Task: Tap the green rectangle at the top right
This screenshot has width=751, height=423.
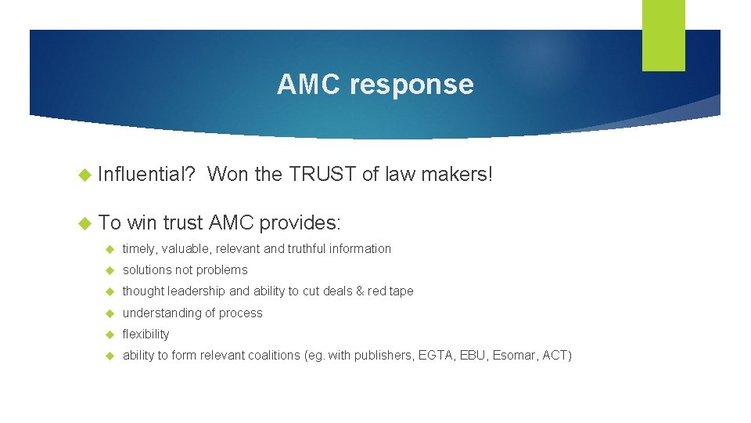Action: pos(663,35)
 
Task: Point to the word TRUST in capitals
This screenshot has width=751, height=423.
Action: pos(322,175)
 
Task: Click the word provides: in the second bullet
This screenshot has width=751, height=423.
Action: pos(300,222)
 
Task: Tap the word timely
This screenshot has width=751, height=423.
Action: pos(138,248)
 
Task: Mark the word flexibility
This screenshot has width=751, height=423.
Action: pos(146,334)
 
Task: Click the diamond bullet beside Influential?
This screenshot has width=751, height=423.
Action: pos(86,175)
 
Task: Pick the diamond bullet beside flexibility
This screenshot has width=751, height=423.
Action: pos(110,334)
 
